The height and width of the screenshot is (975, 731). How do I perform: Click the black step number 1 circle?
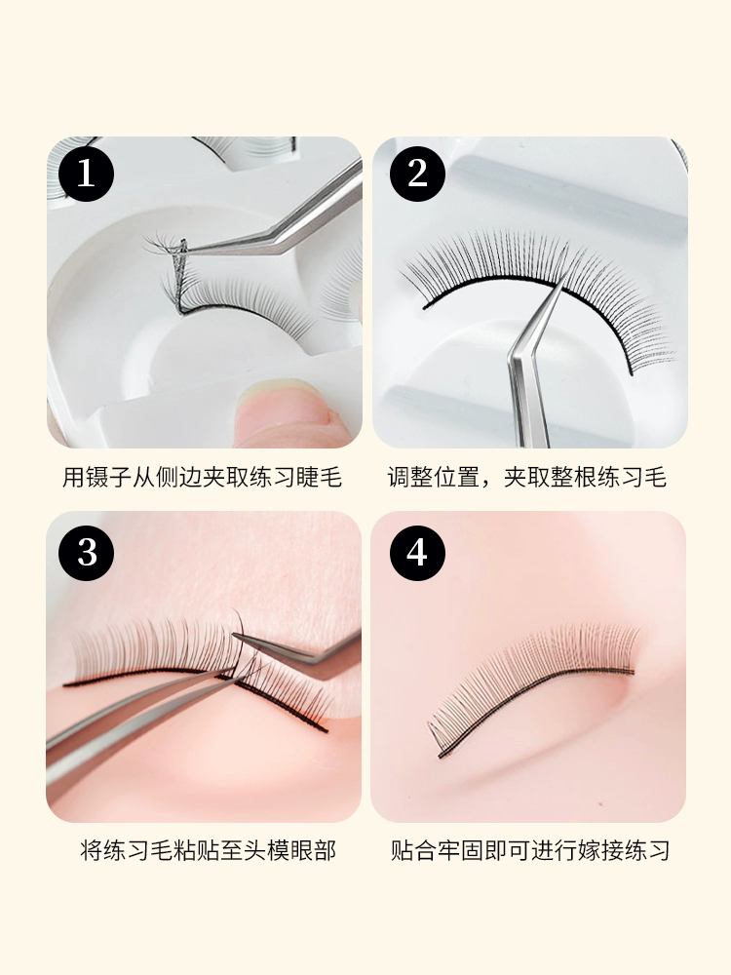click(x=87, y=174)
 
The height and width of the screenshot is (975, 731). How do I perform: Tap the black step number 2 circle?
click(x=418, y=174)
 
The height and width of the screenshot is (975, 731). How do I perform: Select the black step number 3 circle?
click(x=87, y=553)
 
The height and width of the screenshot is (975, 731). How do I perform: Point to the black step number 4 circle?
click(x=418, y=553)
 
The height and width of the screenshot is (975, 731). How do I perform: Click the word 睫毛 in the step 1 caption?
click(x=319, y=478)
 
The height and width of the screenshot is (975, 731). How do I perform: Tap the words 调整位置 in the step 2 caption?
click(x=434, y=478)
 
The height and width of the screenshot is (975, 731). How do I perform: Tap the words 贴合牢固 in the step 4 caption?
click(x=437, y=850)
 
